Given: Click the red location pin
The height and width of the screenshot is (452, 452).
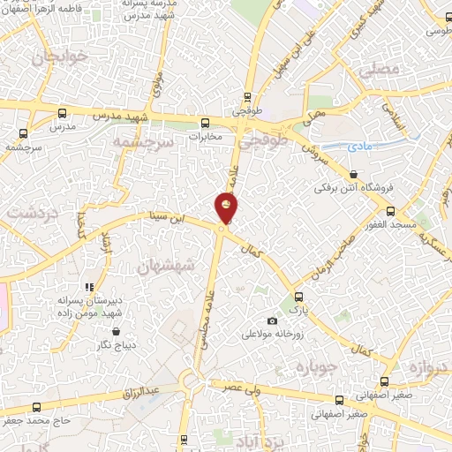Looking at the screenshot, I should pos(227,208).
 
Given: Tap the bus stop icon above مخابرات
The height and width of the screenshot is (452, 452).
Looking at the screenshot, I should pos(205,124).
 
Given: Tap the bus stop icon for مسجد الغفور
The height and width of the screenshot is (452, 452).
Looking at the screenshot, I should pos(391,211).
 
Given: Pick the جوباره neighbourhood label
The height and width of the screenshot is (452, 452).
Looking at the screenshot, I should pos(316,365).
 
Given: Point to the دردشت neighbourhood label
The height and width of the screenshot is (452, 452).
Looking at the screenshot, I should pos(33,213).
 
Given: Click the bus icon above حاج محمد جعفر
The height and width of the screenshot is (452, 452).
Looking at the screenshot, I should pos(36,407).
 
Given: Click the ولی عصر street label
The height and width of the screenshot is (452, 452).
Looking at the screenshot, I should pos(243,387).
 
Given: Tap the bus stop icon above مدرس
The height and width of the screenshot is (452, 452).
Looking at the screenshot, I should pos(61,113).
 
